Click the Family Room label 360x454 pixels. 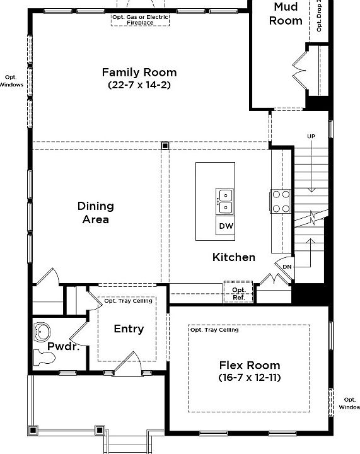pyautogui.click(x=139, y=73)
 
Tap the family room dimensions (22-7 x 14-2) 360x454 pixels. pyautogui.click(x=139, y=84)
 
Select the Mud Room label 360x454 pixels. pyautogui.click(x=286, y=14)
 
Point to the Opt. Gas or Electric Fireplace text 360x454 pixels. pyautogui.click(x=139, y=19)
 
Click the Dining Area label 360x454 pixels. pyautogui.click(x=96, y=212)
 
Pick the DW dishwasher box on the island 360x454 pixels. pyautogui.click(x=225, y=226)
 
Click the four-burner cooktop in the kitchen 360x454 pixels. pyautogui.click(x=281, y=201)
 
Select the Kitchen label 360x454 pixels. pyautogui.click(x=234, y=257)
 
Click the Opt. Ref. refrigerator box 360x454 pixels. pyautogui.click(x=239, y=293)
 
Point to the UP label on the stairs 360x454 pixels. pyautogui.click(x=311, y=137)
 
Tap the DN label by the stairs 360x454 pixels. pyautogui.click(x=287, y=267)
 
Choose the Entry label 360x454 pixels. pyautogui.click(x=129, y=329)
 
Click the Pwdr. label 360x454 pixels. pyautogui.click(x=62, y=346)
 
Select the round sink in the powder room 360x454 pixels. pyautogui.click(x=44, y=331)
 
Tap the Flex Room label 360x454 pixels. pyautogui.click(x=250, y=365)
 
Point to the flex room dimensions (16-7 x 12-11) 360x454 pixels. pyautogui.click(x=250, y=378)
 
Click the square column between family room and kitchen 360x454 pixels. pyautogui.click(x=165, y=146)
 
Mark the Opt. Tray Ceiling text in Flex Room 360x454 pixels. pyautogui.click(x=214, y=330)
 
